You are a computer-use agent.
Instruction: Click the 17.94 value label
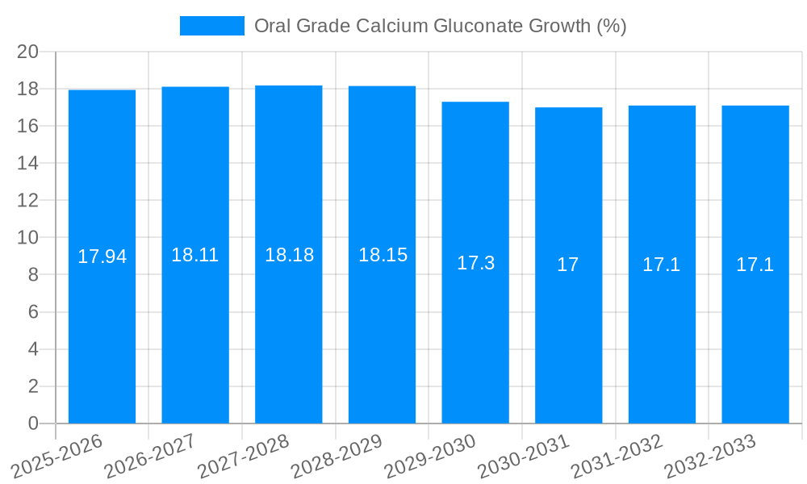point(102,257)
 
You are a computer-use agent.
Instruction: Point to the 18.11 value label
point(195,255)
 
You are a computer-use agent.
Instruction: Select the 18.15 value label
point(383,255)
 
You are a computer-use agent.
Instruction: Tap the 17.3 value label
point(475,263)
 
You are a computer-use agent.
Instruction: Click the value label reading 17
point(568,265)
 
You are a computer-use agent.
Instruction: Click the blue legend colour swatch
point(211,26)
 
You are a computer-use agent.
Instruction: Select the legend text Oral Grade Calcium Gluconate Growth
point(440,26)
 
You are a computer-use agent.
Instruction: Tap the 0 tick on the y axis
point(32,423)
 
